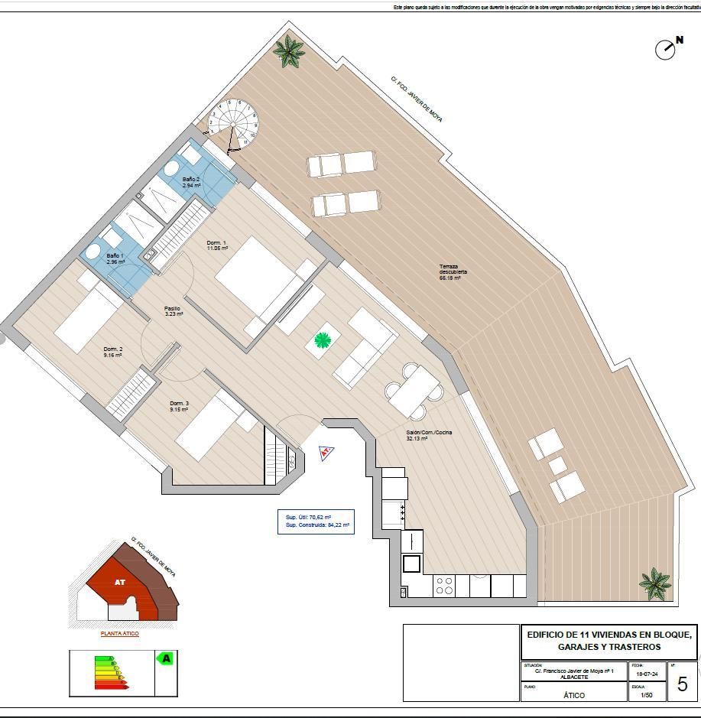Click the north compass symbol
click(666, 49)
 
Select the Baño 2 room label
click(191, 182)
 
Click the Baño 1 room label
click(115, 258)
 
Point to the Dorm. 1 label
click(217, 245)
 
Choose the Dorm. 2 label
click(113, 352)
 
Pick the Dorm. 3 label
click(179, 406)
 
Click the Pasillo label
click(174, 311)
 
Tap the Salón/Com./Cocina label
click(429, 435)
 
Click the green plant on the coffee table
click(323, 340)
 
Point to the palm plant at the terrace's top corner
click(289, 51)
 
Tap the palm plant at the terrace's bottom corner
click(655, 583)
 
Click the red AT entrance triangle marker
click(326, 453)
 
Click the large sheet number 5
click(683, 684)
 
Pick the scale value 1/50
click(647, 695)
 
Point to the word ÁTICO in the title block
click(574, 695)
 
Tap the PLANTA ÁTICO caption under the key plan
click(120, 634)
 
